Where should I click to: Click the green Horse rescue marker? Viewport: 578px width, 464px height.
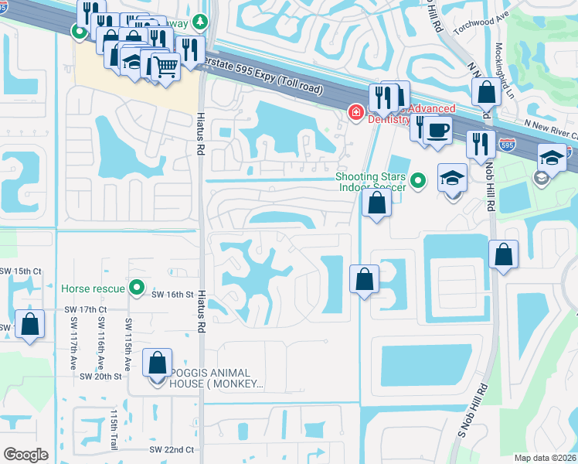(138, 288)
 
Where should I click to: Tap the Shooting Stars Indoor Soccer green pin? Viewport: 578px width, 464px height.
(418, 181)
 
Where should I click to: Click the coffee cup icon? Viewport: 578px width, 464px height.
(437, 131)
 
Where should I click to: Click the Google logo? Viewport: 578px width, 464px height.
(25, 455)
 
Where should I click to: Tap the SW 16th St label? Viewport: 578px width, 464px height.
(171, 295)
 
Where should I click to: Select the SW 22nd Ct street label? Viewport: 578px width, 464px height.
(172, 449)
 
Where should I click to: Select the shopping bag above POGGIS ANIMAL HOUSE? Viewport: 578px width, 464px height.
(157, 363)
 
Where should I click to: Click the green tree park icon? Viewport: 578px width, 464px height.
(201, 21)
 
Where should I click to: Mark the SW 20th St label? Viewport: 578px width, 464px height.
(101, 377)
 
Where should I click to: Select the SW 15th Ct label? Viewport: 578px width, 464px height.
(19, 271)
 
